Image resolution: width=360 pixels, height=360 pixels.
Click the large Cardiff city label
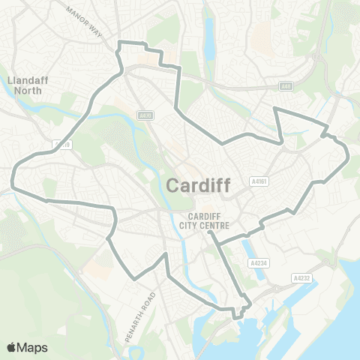click(197, 184)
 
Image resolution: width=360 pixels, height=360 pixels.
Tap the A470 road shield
click(145, 115)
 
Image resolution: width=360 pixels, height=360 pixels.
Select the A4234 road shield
click(257, 263)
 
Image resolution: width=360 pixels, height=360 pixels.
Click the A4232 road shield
click(301, 277)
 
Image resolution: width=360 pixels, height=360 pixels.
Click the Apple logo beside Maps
click(11, 347)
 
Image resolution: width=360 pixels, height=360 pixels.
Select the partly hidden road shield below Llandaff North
click(62, 144)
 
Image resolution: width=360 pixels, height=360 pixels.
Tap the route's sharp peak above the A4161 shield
click(274, 109)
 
